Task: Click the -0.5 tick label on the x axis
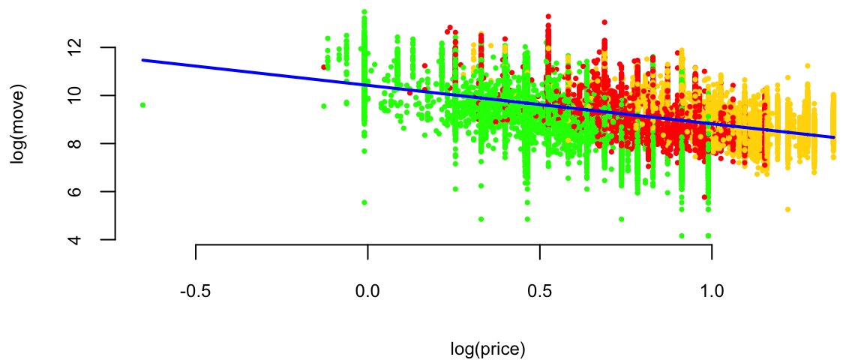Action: (195, 290)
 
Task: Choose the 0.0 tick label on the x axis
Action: (367, 290)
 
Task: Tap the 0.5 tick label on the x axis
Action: (539, 290)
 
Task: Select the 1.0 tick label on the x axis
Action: (711, 290)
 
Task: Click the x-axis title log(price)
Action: (487, 349)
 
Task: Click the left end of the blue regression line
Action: (142, 60)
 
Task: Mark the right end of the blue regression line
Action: (833, 137)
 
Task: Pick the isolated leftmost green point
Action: (142, 105)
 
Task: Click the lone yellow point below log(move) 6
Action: (787, 209)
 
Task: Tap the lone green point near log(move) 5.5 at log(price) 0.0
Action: (364, 202)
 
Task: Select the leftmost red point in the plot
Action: (324, 67)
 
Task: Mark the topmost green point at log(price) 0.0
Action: (364, 12)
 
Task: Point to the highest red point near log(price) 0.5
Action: (548, 16)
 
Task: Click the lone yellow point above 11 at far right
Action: (808, 66)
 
